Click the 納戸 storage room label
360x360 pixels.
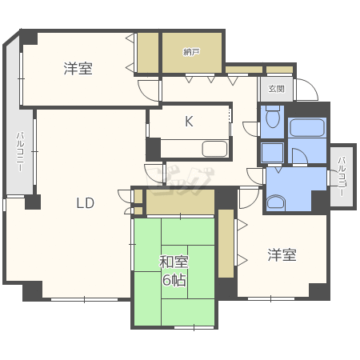click(x=191, y=53)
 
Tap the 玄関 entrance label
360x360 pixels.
click(x=276, y=89)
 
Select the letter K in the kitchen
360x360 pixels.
click(x=190, y=122)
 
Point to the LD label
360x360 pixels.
click(x=86, y=203)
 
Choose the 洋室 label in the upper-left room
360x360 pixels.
click(x=78, y=69)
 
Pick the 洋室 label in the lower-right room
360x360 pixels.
click(x=282, y=254)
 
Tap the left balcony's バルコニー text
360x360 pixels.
click(x=18, y=151)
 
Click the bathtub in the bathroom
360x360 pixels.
click(x=307, y=128)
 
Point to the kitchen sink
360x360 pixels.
click(x=214, y=149)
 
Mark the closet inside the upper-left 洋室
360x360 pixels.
click(x=147, y=54)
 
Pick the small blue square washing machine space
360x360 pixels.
click(x=272, y=153)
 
